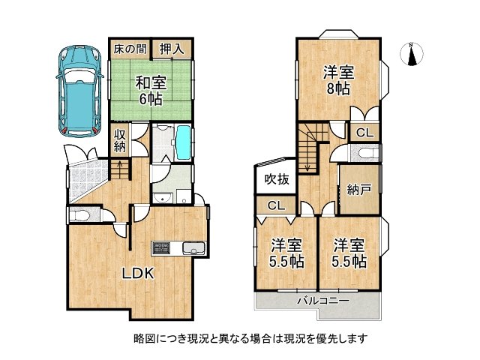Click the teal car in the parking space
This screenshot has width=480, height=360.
79,89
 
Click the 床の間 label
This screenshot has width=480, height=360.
128,49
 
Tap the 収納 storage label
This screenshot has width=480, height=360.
120,140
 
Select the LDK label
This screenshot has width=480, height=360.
139,274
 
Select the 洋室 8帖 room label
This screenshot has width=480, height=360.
339,79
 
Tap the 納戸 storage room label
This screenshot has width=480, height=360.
358,190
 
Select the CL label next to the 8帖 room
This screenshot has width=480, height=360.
364,133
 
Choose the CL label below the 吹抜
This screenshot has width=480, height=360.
275,205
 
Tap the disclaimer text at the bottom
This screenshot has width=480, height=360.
239,338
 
